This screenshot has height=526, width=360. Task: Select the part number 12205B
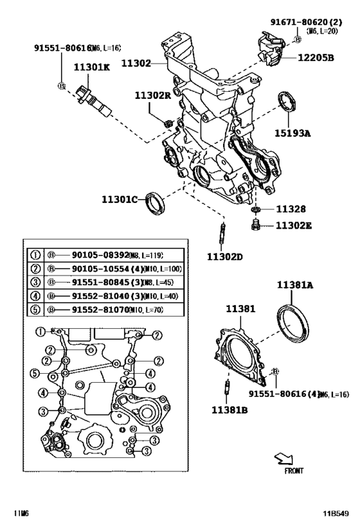(x=316, y=58)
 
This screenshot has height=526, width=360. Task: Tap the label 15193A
(x=294, y=134)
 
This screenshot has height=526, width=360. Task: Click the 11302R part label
(x=152, y=96)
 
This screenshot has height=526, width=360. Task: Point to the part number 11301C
(x=120, y=199)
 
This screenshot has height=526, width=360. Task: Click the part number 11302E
(x=294, y=225)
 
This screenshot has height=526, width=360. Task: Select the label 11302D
(x=224, y=257)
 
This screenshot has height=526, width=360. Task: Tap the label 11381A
(x=295, y=285)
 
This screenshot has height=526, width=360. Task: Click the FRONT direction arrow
(x=282, y=458)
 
